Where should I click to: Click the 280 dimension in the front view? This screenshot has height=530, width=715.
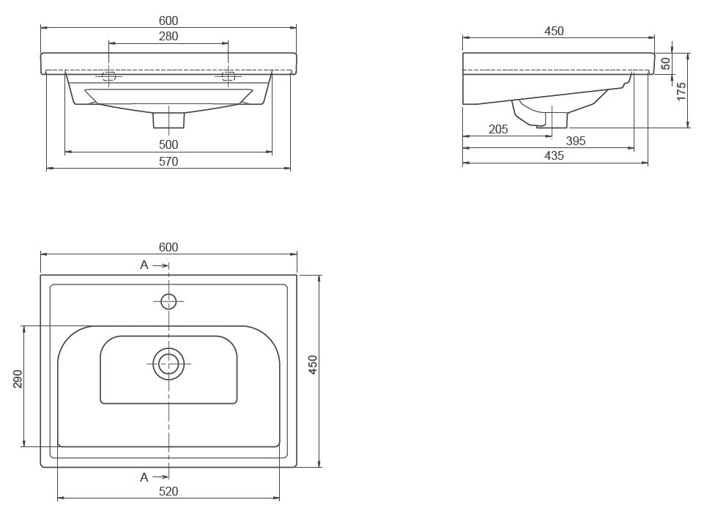click(168, 36)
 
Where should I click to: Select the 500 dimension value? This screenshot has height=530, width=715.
click(168, 144)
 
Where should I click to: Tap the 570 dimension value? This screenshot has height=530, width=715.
click(168, 161)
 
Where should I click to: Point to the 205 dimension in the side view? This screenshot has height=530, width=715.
click(498, 130)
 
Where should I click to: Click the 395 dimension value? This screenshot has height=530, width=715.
click(576, 141)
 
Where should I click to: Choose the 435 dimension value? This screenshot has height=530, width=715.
click(554, 156)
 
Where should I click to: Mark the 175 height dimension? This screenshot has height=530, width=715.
click(681, 92)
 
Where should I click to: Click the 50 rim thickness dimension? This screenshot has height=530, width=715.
click(666, 64)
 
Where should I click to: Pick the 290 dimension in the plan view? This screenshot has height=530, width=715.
click(18, 379)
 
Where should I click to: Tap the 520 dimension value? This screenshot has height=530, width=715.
click(168, 491)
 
